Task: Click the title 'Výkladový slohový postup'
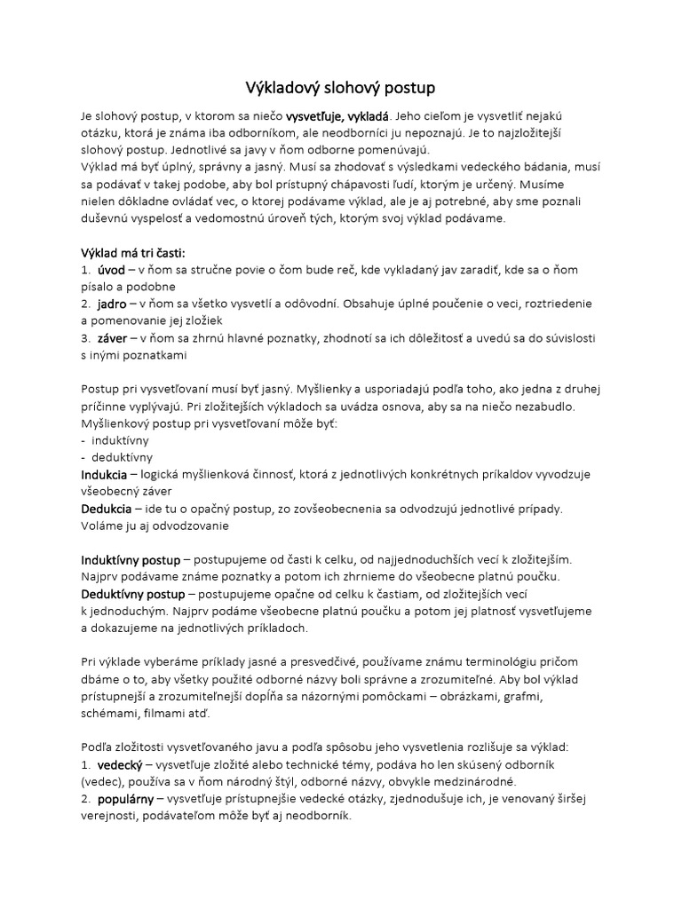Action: click(x=341, y=88)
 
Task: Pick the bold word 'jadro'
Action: click(x=112, y=304)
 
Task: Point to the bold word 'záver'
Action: click(x=113, y=338)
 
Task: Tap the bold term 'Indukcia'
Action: click(x=107, y=474)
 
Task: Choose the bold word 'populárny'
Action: click(x=126, y=798)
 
